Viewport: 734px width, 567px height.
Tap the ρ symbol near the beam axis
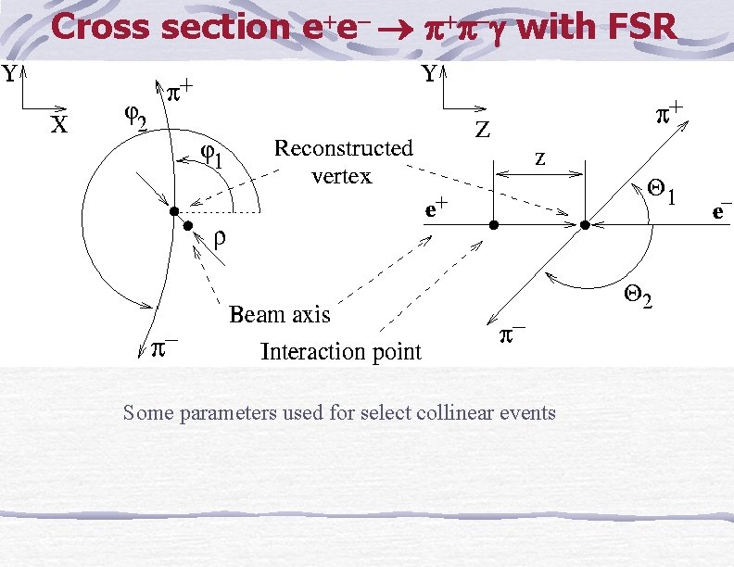(x=220, y=238)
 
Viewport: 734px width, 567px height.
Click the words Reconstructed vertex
(x=343, y=161)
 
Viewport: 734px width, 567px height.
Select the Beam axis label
(x=279, y=315)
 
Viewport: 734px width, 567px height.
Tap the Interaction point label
(x=340, y=352)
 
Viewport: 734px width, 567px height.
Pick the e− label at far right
(x=721, y=211)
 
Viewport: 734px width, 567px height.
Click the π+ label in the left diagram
(x=180, y=92)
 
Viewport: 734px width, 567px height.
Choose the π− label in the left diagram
(x=164, y=347)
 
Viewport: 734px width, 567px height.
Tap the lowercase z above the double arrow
(x=539, y=158)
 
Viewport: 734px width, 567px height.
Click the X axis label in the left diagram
(x=57, y=125)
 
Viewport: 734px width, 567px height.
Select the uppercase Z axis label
(x=483, y=131)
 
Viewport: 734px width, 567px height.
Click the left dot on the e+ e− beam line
(x=494, y=225)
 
